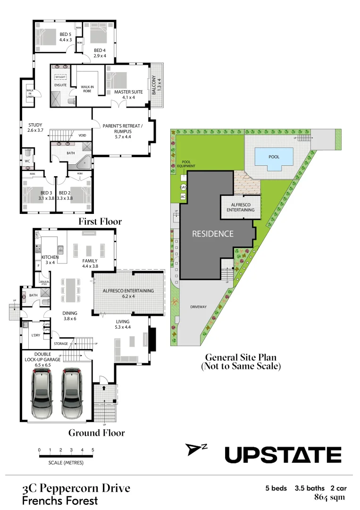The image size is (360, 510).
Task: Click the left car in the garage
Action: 42,394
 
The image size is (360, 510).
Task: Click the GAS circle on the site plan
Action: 183,187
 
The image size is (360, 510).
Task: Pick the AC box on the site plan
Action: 183,196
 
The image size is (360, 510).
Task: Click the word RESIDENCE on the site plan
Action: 212,233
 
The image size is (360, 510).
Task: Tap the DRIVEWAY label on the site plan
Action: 199,307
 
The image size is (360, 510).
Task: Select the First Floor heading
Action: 100,221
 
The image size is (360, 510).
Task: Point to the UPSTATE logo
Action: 282,455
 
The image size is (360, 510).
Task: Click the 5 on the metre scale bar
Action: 92,450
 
